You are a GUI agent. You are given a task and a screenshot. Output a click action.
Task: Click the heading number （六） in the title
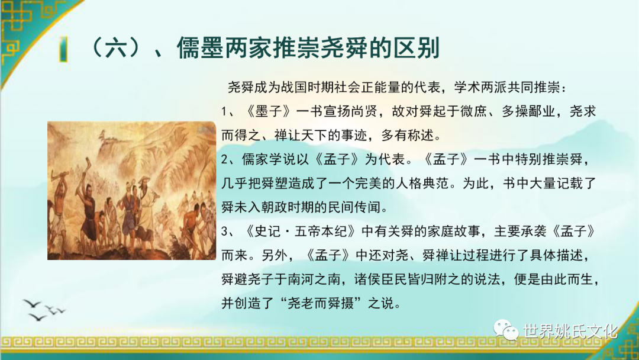point(115,48)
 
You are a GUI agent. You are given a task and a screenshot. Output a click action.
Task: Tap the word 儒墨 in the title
point(200,48)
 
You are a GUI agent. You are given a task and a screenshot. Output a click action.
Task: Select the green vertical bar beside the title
point(63,49)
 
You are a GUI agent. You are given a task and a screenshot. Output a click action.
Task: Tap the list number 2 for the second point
point(225,159)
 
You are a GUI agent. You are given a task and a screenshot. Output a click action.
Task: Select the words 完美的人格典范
point(409,184)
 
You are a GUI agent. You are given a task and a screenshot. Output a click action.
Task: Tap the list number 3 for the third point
point(225,232)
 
